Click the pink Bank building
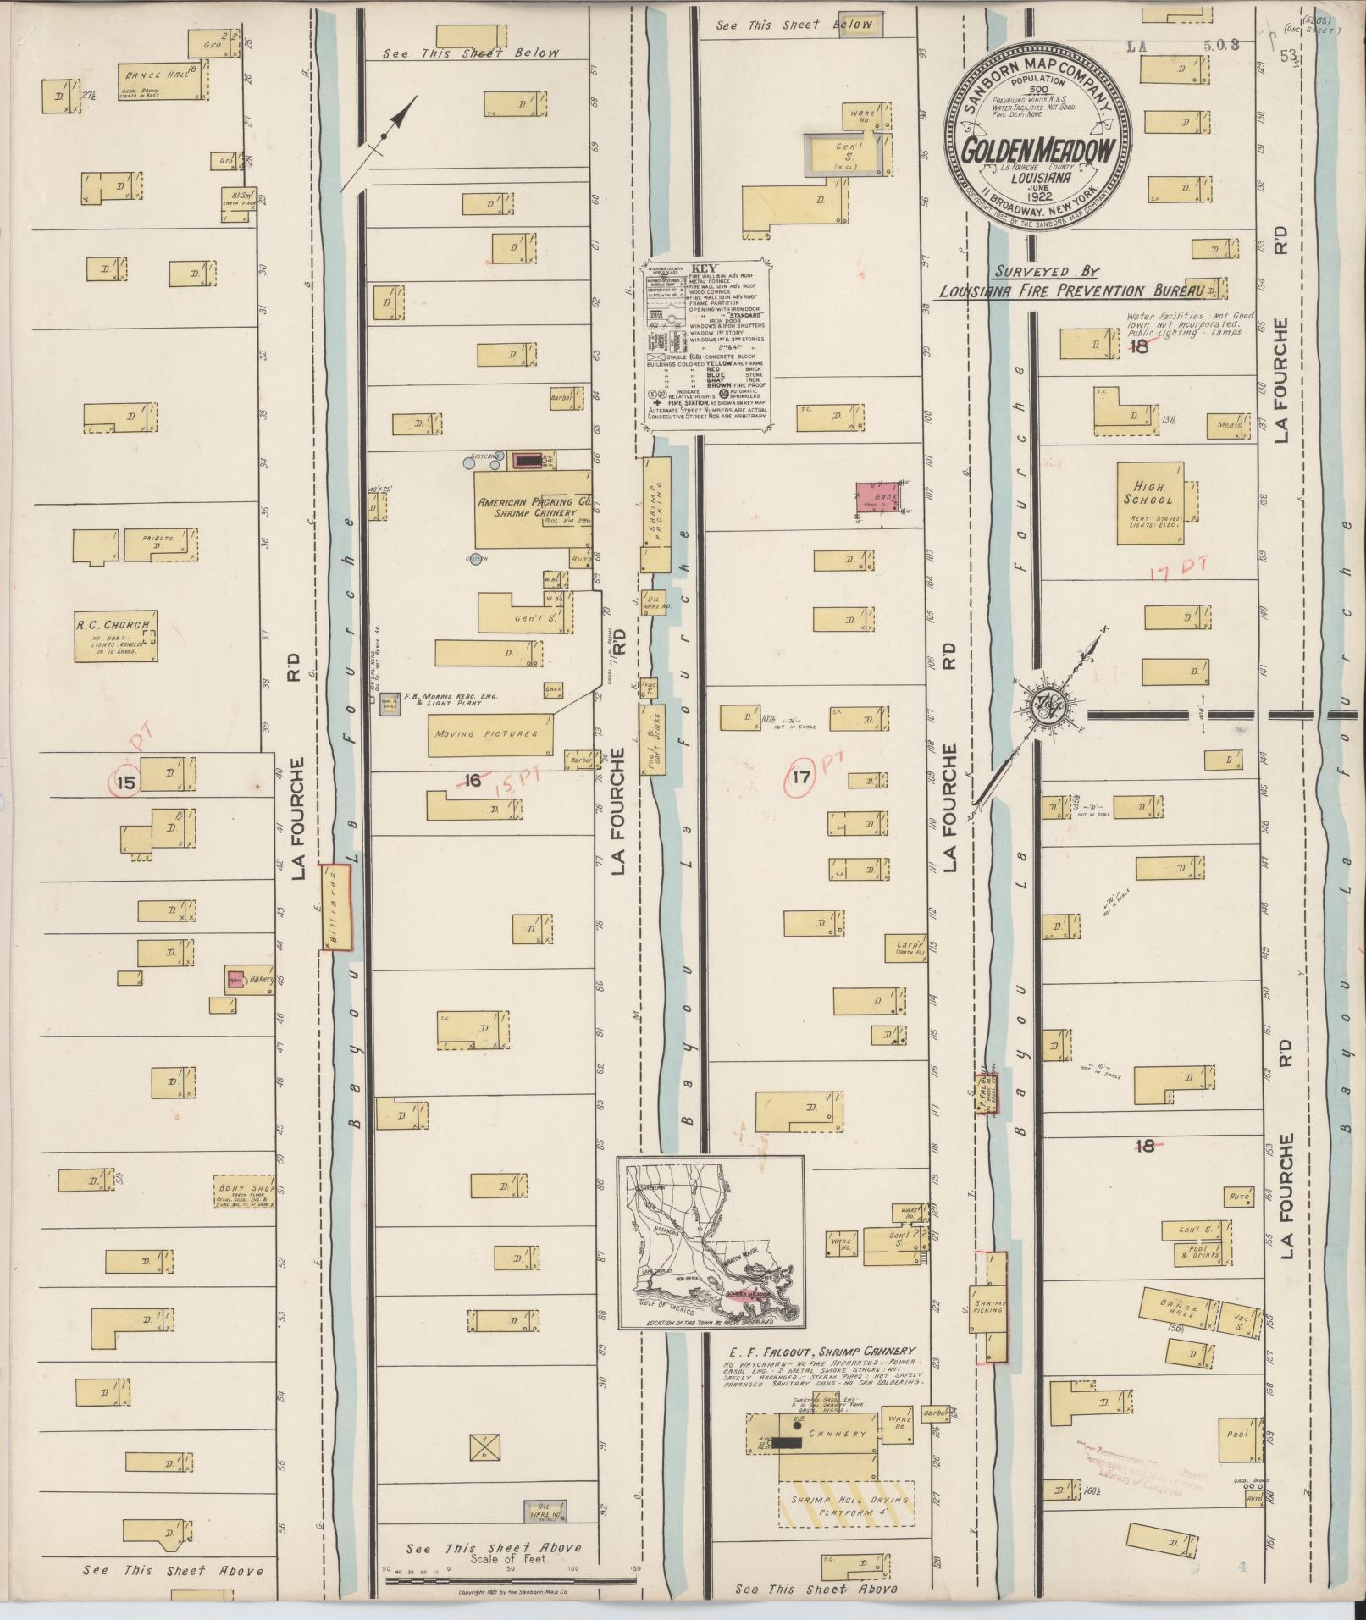pos(877,496)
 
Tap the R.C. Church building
pos(115,635)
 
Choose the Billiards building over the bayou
pos(334,908)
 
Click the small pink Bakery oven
pos(235,979)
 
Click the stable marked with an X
pos(485,1447)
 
